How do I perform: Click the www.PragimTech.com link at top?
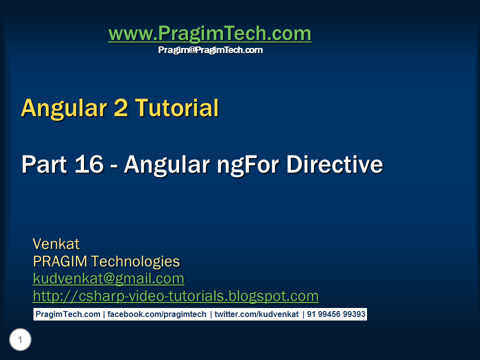(x=209, y=34)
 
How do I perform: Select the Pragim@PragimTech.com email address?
(x=210, y=50)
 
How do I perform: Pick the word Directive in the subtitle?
(x=334, y=164)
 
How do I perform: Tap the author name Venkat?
(x=56, y=244)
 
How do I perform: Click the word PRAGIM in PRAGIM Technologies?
(x=60, y=261)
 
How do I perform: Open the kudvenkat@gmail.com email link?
(x=108, y=278)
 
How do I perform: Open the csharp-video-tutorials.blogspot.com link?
(x=175, y=296)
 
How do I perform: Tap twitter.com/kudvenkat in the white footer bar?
(x=256, y=314)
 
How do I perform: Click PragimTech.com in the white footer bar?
(x=67, y=314)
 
